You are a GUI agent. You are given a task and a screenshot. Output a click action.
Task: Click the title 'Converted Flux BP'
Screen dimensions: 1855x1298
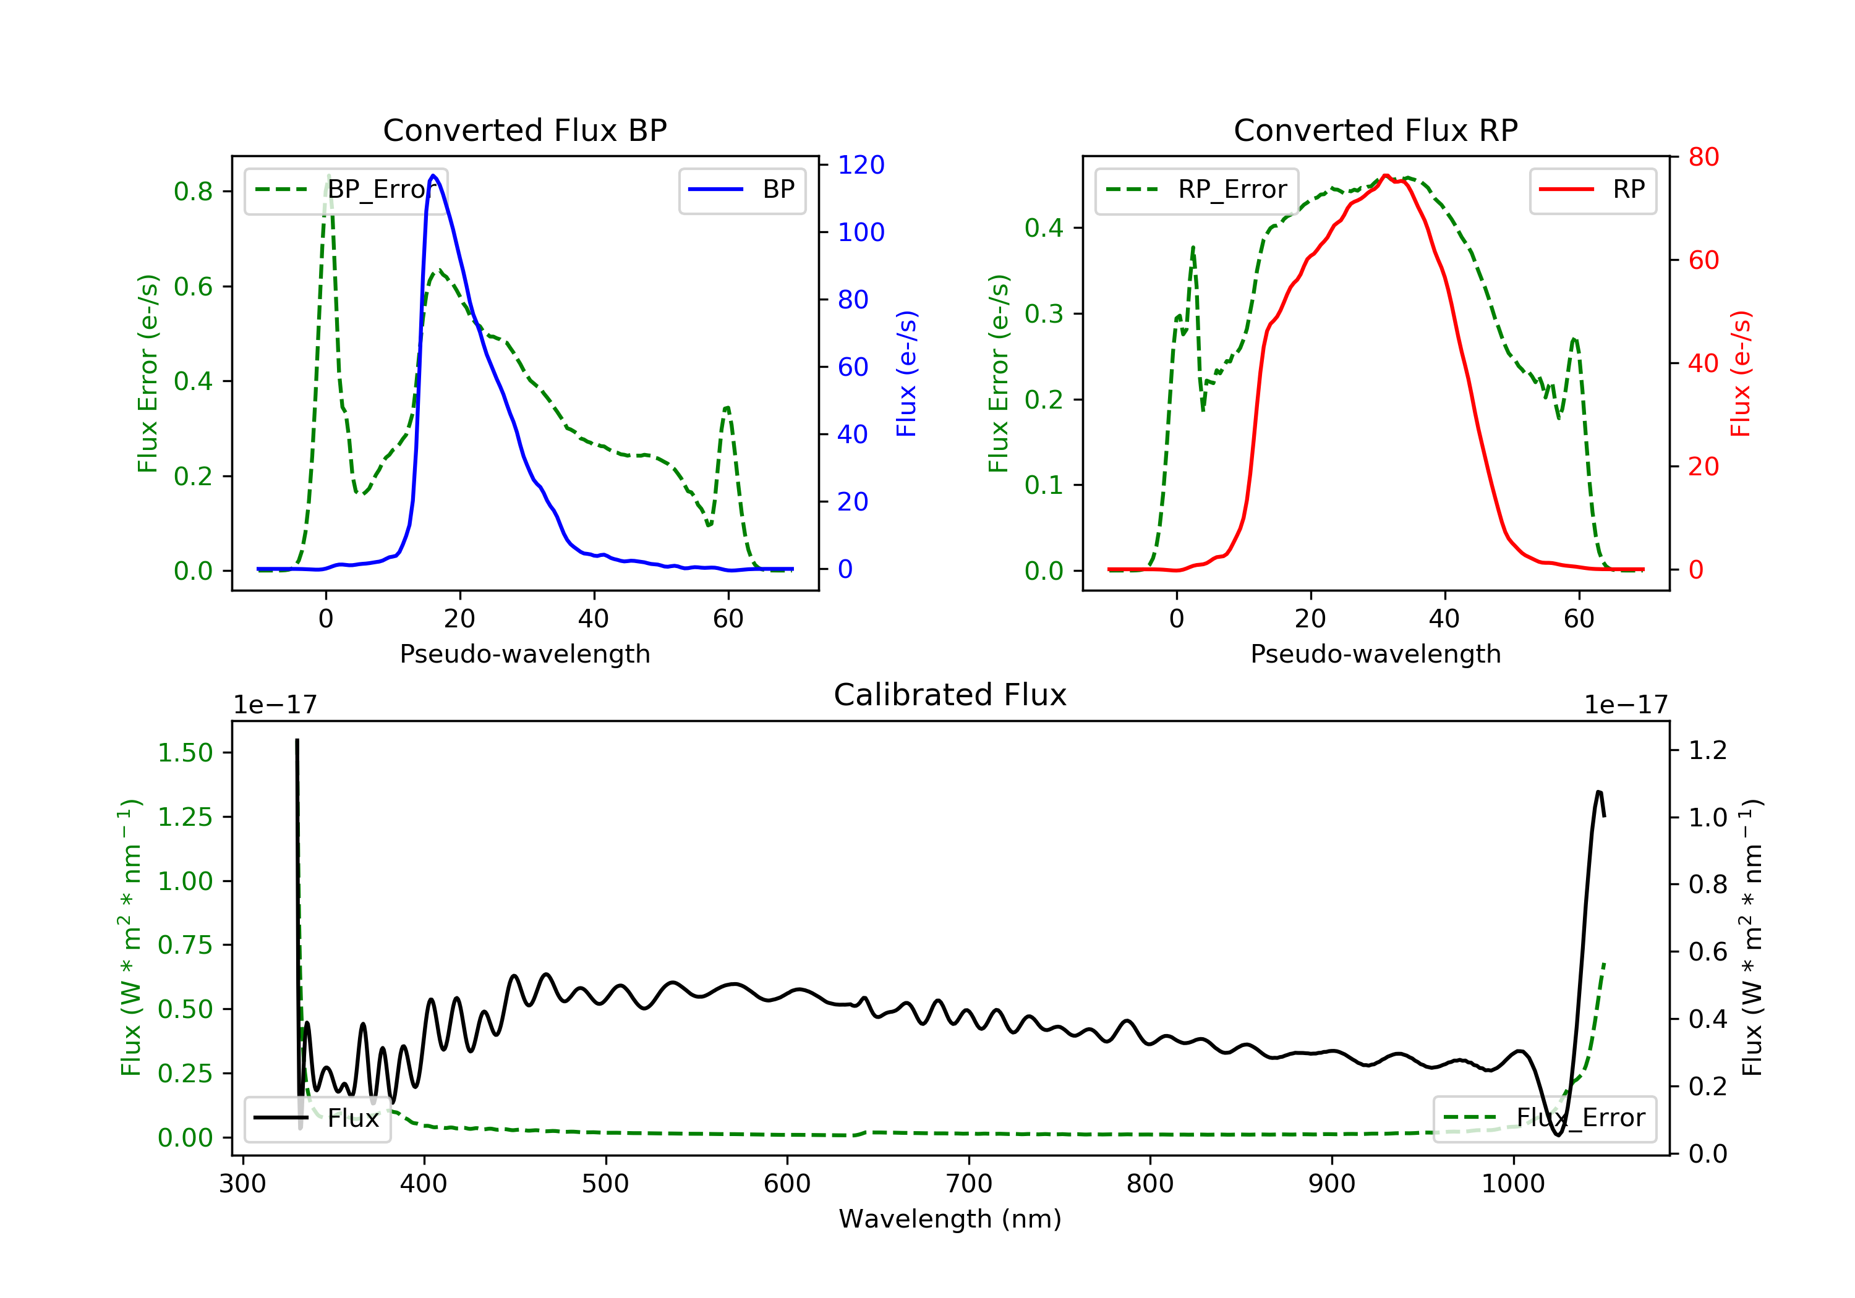point(524,130)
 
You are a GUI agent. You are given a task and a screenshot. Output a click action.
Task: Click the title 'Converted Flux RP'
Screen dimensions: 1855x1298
point(1375,130)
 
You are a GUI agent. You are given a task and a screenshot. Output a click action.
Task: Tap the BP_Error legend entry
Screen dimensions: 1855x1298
point(346,190)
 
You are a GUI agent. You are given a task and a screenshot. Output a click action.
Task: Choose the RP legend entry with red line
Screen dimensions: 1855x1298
point(1592,190)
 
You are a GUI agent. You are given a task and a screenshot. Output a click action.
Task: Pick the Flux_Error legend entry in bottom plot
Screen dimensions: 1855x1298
point(1544,1119)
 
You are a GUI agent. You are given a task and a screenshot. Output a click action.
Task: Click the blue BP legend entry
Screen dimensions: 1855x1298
point(741,190)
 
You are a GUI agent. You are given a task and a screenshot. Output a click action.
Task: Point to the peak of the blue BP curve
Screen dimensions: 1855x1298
point(434,176)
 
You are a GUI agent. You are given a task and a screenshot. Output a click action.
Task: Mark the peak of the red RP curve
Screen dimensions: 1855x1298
point(1386,176)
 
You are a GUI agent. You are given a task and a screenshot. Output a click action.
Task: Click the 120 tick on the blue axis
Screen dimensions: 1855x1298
point(861,165)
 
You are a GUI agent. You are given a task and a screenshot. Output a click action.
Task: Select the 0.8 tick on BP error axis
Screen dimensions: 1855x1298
point(193,192)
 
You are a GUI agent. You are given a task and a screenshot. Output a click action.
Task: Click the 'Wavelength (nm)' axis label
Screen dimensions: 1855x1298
point(950,1219)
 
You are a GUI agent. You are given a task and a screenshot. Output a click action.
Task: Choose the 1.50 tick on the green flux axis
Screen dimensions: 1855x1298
point(185,753)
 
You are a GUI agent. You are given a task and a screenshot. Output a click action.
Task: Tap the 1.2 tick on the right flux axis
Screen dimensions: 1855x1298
point(1708,750)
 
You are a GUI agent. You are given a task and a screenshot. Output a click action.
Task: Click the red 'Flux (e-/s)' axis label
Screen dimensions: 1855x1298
point(1740,373)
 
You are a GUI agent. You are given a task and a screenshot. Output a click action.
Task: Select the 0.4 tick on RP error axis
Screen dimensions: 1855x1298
point(1044,228)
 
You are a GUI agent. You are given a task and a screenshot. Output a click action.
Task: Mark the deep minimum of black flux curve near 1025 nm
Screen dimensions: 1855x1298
point(1558,1135)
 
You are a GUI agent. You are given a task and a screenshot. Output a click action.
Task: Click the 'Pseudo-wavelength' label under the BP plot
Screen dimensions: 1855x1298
point(525,653)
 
